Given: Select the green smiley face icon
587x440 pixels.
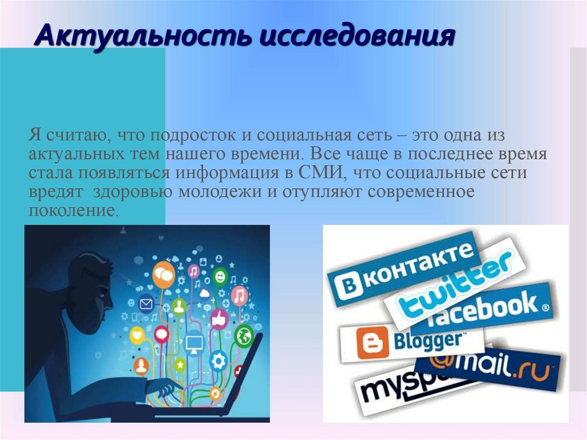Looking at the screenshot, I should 220,277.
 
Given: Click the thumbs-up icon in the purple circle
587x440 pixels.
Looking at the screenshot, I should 220,319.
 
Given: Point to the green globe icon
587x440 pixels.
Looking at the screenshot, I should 244,334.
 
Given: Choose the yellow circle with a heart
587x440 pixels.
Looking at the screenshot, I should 138,336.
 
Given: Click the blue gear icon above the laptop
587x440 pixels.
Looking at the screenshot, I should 219,361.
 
